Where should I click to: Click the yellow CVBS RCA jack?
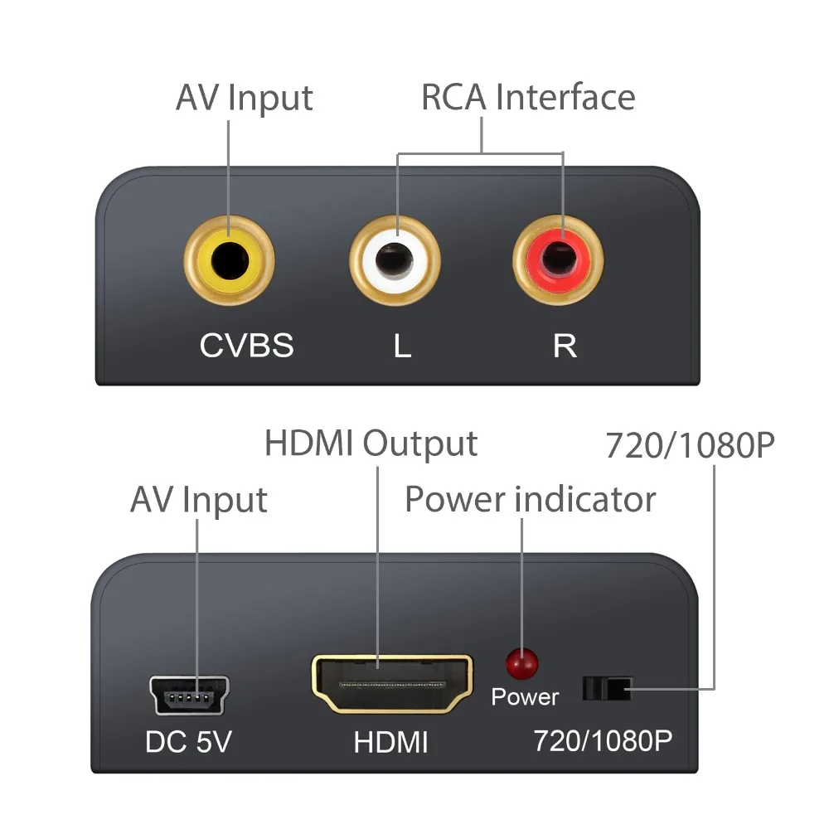pos(229,263)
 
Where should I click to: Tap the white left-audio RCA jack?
pos(395,263)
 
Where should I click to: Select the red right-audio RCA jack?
pos(558,263)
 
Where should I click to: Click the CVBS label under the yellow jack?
pos(246,345)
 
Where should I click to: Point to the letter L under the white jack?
pos(402,346)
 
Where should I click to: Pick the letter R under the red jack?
pos(565,346)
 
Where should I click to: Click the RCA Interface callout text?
pos(528,97)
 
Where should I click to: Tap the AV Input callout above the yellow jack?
pos(244,97)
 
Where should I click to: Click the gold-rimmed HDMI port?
pos(392,684)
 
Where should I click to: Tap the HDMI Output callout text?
pos(371,444)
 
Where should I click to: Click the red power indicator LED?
pos(521,662)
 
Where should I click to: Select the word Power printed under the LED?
pos(525,697)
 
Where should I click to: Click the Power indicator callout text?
pos(530,500)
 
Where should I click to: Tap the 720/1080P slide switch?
pos(607,688)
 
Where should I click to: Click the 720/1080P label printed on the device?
pos(601,740)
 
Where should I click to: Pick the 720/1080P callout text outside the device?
pos(690,446)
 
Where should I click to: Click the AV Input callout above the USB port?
pos(198,501)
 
